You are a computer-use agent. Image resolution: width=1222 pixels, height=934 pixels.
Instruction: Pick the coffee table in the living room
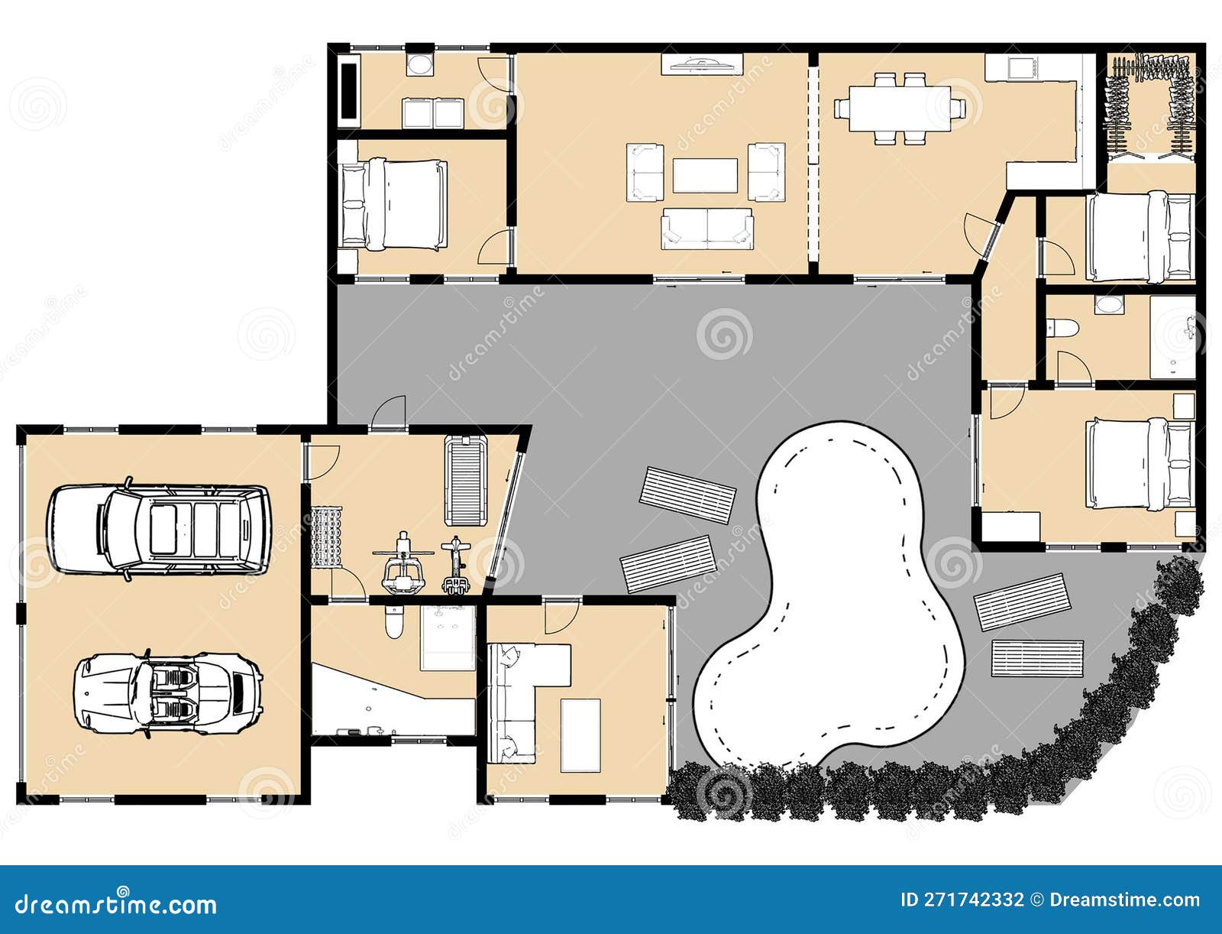pos(704,176)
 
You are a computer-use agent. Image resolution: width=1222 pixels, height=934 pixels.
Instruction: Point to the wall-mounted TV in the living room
pos(701,65)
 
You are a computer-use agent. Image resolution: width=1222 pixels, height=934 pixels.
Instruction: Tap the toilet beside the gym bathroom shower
pos(394,623)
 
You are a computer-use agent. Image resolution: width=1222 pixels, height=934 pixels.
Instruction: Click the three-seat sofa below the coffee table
pos(707,229)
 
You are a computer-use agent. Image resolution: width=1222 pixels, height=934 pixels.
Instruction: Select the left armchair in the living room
pos(645,173)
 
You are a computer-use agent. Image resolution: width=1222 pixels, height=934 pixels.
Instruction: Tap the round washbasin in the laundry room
pos(419,64)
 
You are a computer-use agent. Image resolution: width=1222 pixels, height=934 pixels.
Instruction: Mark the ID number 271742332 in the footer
pos(963,900)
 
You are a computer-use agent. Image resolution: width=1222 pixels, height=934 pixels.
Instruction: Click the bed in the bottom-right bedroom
pos(1140,464)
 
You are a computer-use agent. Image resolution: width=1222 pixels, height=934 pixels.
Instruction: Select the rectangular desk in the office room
pos(580,734)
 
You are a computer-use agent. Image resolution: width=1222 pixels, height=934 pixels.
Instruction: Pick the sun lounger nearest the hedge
pos(1037,658)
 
